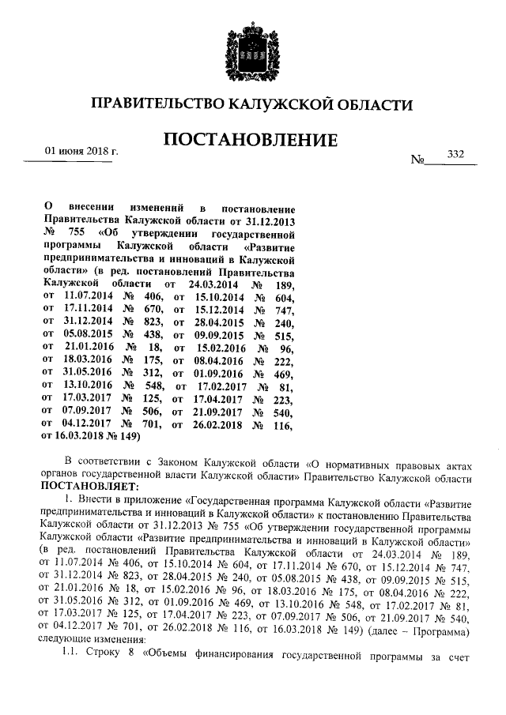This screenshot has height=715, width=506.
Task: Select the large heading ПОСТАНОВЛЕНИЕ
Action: tap(251, 140)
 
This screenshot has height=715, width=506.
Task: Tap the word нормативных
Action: tap(348, 461)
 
